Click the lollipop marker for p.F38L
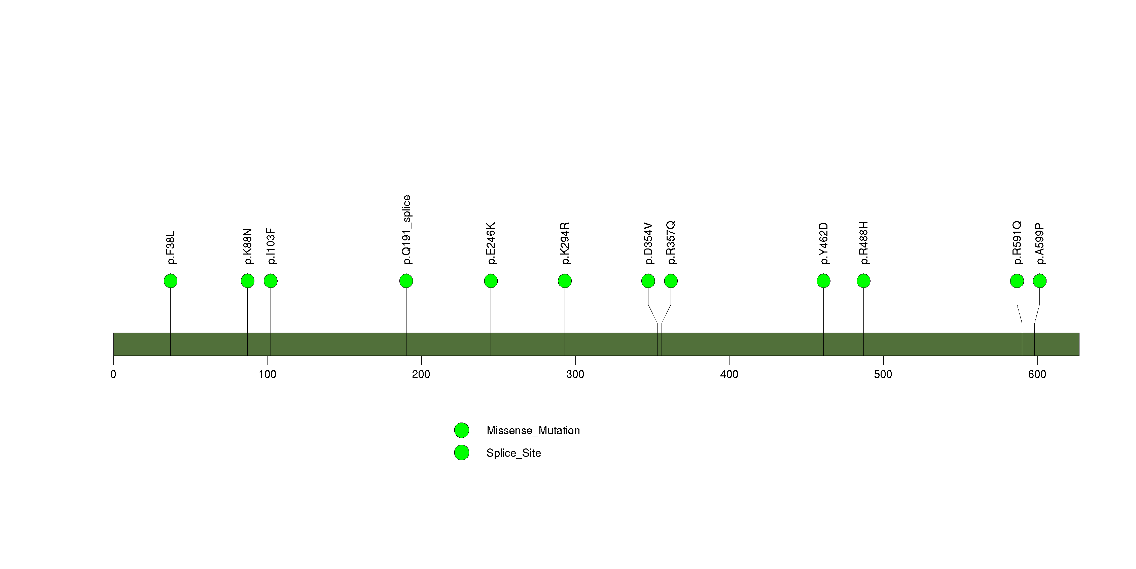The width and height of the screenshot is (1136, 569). pos(171,281)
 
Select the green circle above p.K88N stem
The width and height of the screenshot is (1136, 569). pos(248,281)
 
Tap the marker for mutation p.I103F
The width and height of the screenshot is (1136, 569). pos(271,281)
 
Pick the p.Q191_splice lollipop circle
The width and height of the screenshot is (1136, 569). pos(406,281)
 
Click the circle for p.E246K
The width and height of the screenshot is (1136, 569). pos(491,281)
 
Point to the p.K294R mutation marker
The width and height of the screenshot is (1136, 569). pos(565,281)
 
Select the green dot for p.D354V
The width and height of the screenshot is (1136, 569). pos(648,281)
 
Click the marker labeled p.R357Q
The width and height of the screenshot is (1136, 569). pos(671,281)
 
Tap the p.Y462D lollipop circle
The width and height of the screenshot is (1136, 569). pos(823,281)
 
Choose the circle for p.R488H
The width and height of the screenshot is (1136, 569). pos(863,281)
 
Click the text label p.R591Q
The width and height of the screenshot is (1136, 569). pos(1017,243)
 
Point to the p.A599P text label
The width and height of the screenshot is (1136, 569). pos(1039,244)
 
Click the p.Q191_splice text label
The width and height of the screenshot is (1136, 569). pos(406,230)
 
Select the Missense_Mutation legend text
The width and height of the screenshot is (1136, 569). pos(533,431)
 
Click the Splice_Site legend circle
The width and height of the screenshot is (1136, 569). pos(462,453)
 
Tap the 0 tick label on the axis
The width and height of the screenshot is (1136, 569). pos(113,374)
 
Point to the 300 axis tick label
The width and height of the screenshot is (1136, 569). pos(575,374)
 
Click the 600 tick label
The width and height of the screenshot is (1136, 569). pos(1037,374)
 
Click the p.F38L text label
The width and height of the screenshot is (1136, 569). pos(171,247)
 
